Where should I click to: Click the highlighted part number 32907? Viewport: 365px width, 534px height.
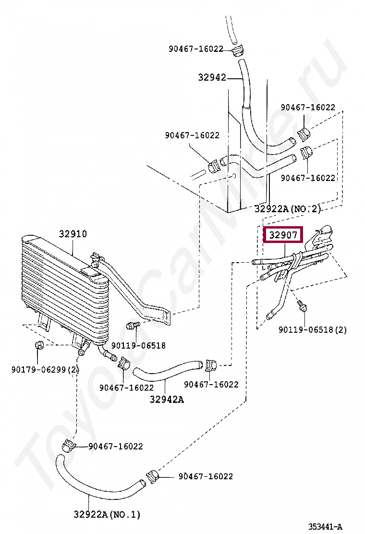pos(283,235)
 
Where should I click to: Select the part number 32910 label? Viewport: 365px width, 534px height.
pos(73,234)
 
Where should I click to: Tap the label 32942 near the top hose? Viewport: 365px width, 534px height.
pos(212,77)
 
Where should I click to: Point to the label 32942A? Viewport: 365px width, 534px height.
pos(166,399)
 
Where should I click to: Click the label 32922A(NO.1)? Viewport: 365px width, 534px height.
pos(107,514)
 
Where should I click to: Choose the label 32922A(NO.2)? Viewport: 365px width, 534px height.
pos(287,208)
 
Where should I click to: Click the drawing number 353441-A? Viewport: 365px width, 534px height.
pos(325,526)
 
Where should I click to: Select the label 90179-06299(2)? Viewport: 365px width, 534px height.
pos(45,369)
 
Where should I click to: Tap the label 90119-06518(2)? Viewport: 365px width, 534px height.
pos(313,330)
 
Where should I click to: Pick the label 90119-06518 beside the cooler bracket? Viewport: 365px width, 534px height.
pos(138,345)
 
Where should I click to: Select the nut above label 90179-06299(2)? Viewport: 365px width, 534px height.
pos(38,345)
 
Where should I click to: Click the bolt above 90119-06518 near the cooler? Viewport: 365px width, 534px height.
pos(131,326)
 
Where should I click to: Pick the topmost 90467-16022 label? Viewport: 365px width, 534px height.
pos(196,49)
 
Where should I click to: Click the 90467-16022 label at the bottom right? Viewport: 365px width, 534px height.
pos(206,476)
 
